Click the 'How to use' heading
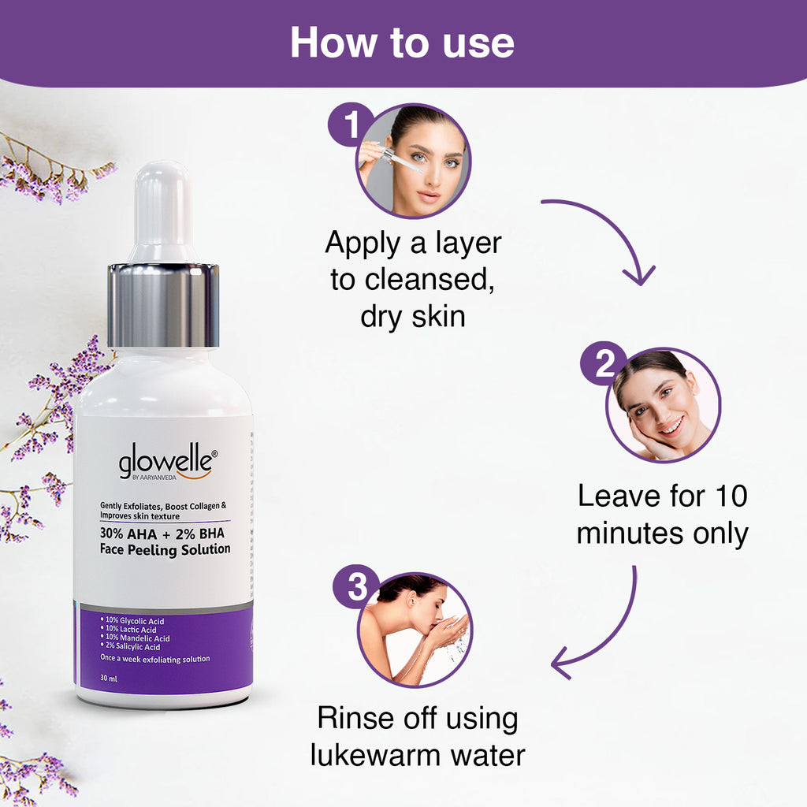point(402,43)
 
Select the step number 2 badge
point(604,363)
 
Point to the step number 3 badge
point(357,586)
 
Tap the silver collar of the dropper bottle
point(163,305)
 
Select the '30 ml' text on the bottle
point(109,679)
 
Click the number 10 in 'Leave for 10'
point(731,496)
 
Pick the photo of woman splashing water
point(415,630)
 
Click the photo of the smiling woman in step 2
point(664,405)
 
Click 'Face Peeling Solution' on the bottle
point(165,549)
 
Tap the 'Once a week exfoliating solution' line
point(155,659)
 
